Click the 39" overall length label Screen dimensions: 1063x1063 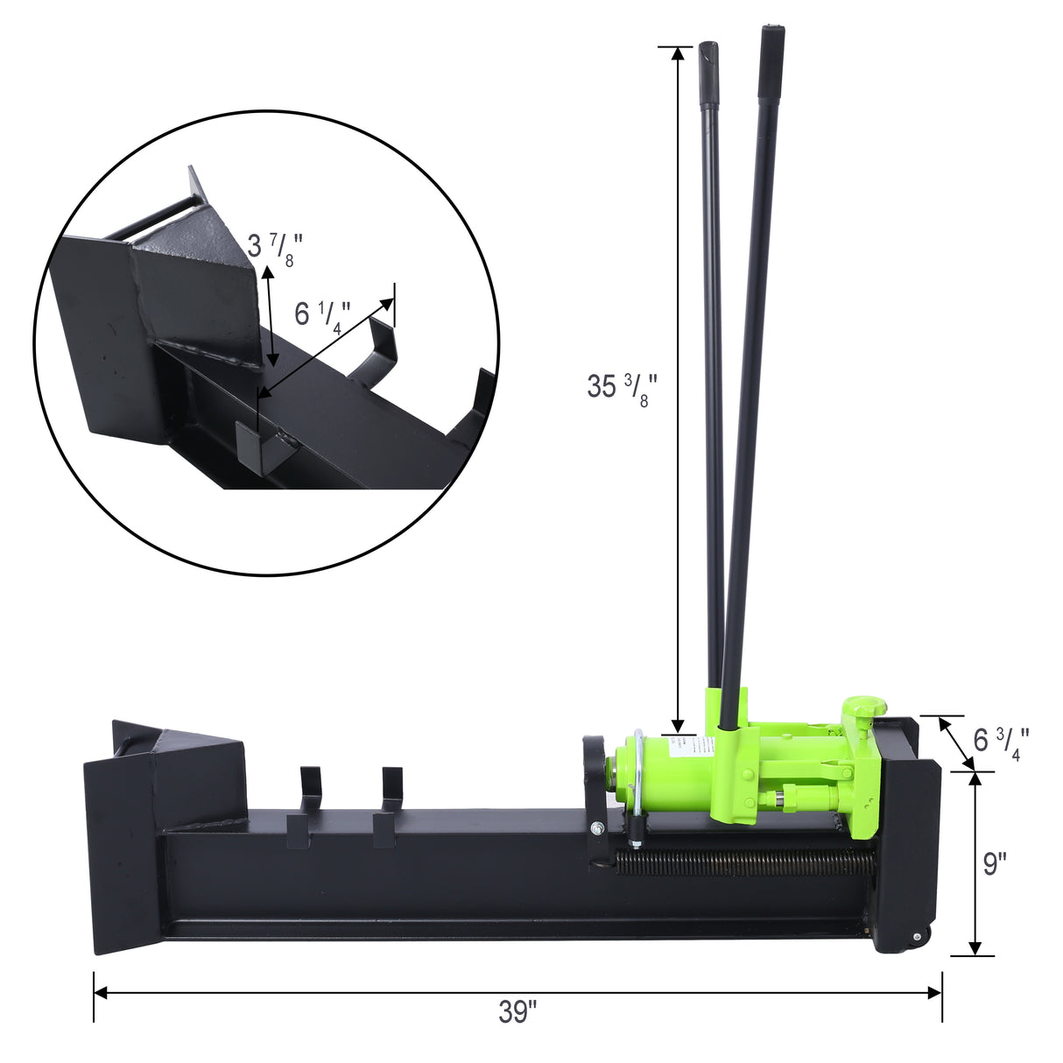517,1012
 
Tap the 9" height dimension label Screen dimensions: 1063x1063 994,863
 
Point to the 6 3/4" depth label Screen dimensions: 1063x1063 1001,743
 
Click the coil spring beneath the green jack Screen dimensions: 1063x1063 744,862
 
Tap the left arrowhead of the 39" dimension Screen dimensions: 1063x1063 100,992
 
